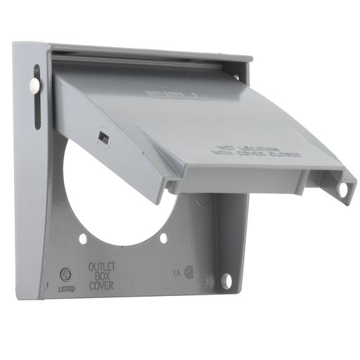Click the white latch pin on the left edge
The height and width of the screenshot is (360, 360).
click(34, 86)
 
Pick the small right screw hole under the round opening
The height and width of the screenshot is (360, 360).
click(163, 238)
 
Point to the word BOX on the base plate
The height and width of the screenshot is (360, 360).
click(102, 277)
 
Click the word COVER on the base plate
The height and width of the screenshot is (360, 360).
click(103, 286)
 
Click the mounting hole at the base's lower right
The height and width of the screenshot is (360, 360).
click(226, 281)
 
